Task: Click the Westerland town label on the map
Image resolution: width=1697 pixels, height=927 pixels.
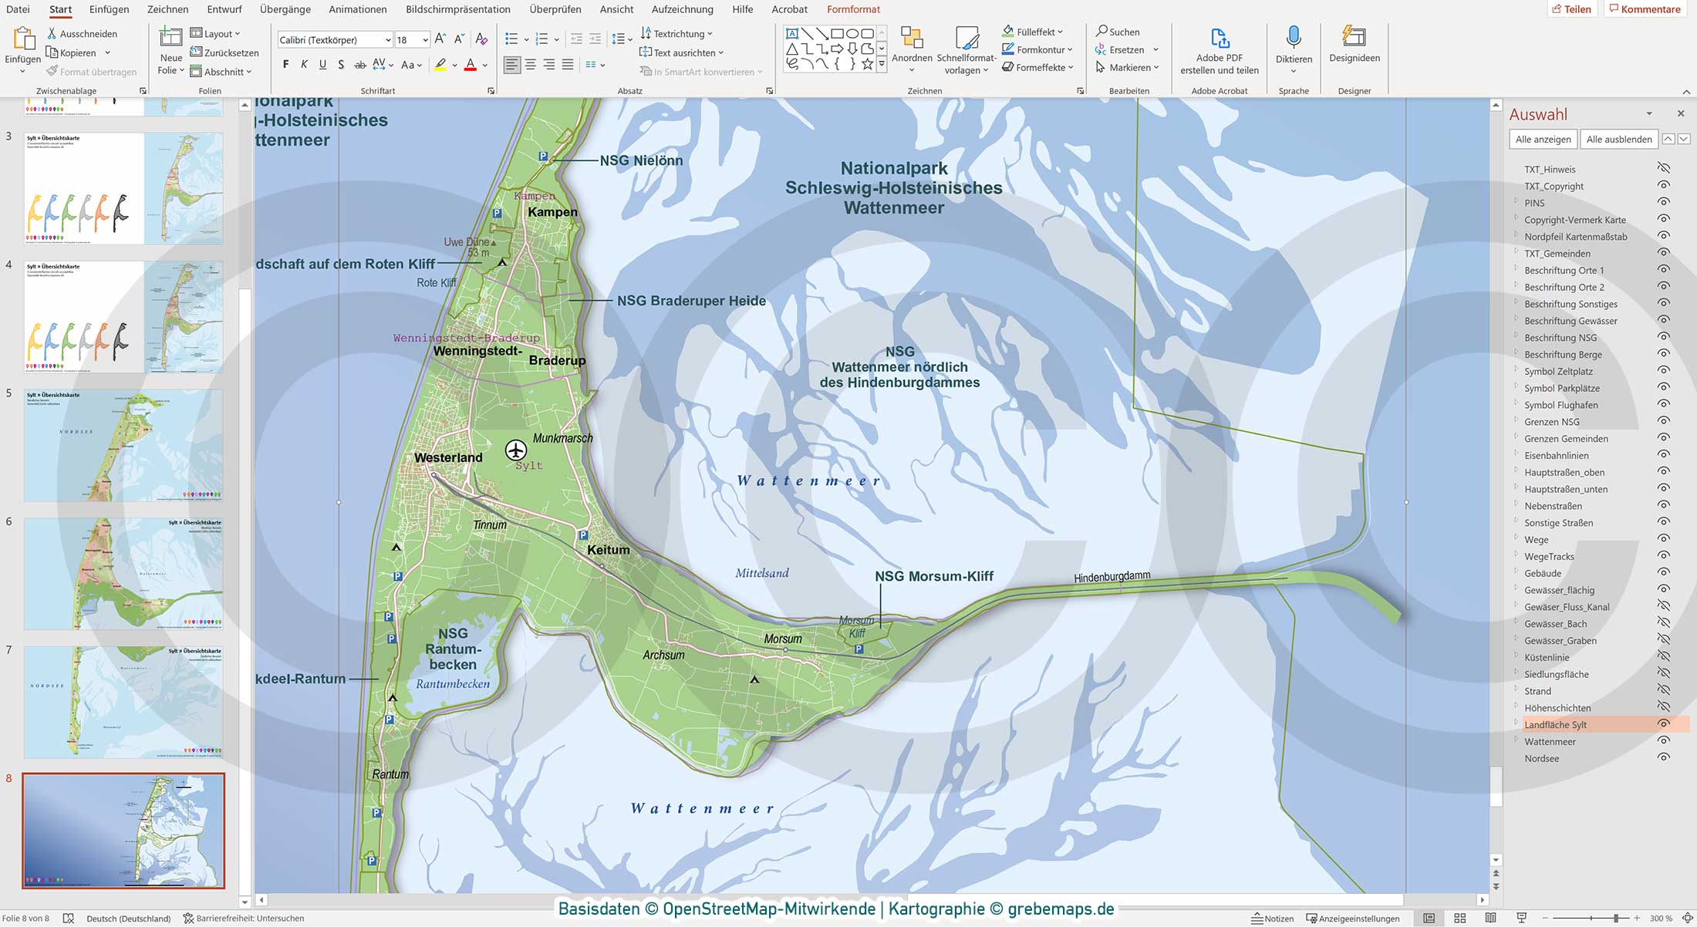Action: (x=448, y=457)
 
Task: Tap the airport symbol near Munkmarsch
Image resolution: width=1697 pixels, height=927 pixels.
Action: (x=516, y=450)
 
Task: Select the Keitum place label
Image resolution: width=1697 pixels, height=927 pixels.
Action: (x=609, y=550)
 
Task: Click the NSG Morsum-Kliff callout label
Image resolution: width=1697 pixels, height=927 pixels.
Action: (x=933, y=576)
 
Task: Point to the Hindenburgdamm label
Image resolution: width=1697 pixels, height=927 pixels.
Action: (x=1112, y=576)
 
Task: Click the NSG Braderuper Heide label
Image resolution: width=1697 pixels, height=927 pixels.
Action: (x=691, y=301)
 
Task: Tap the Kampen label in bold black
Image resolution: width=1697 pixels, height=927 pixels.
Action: (x=552, y=212)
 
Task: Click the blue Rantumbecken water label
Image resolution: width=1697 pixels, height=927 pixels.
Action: (x=453, y=684)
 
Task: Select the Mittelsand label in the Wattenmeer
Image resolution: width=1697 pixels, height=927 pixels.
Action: (x=761, y=573)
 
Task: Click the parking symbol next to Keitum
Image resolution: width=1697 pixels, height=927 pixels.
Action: (x=583, y=534)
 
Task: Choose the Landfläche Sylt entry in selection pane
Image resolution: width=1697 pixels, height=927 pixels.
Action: (x=1555, y=725)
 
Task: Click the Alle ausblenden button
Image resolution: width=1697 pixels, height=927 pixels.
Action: (x=1618, y=140)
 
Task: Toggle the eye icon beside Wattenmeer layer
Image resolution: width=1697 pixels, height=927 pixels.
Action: (x=1663, y=741)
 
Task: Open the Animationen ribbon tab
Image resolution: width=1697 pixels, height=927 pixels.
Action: (x=357, y=9)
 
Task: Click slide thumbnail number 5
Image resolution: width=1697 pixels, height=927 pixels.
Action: (x=123, y=445)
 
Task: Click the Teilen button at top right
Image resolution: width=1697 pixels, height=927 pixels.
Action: (x=1571, y=9)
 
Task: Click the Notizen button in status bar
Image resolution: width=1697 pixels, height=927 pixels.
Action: (x=1273, y=919)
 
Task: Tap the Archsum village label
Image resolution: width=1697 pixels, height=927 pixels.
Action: (x=663, y=656)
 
